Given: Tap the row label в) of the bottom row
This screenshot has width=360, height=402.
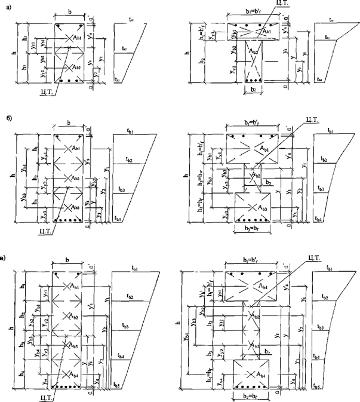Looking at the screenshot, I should [5, 259].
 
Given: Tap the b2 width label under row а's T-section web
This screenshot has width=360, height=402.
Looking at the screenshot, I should [254, 91].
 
